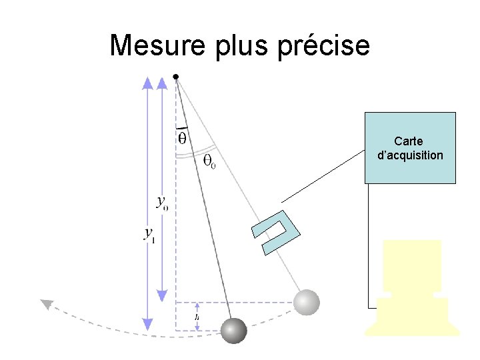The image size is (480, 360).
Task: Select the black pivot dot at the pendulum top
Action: click(x=175, y=77)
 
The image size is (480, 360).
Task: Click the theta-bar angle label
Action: click(x=181, y=137)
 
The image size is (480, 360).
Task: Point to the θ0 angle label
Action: click(x=209, y=161)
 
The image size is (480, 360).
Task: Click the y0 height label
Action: click(x=162, y=203)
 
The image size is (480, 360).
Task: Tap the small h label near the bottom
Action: click(x=197, y=318)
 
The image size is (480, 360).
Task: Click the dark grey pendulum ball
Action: click(x=233, y=330)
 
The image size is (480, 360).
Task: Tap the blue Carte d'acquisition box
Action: click(x=410, y=147)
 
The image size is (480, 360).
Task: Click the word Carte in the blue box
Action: click(x=409, y=141)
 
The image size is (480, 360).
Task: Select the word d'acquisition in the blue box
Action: click(x=410, y=155)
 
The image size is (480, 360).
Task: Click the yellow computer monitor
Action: click(x=412, y=265)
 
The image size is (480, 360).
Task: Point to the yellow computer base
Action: click(x=412, y=316)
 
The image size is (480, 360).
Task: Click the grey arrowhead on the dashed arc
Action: click(x=46, y=305)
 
